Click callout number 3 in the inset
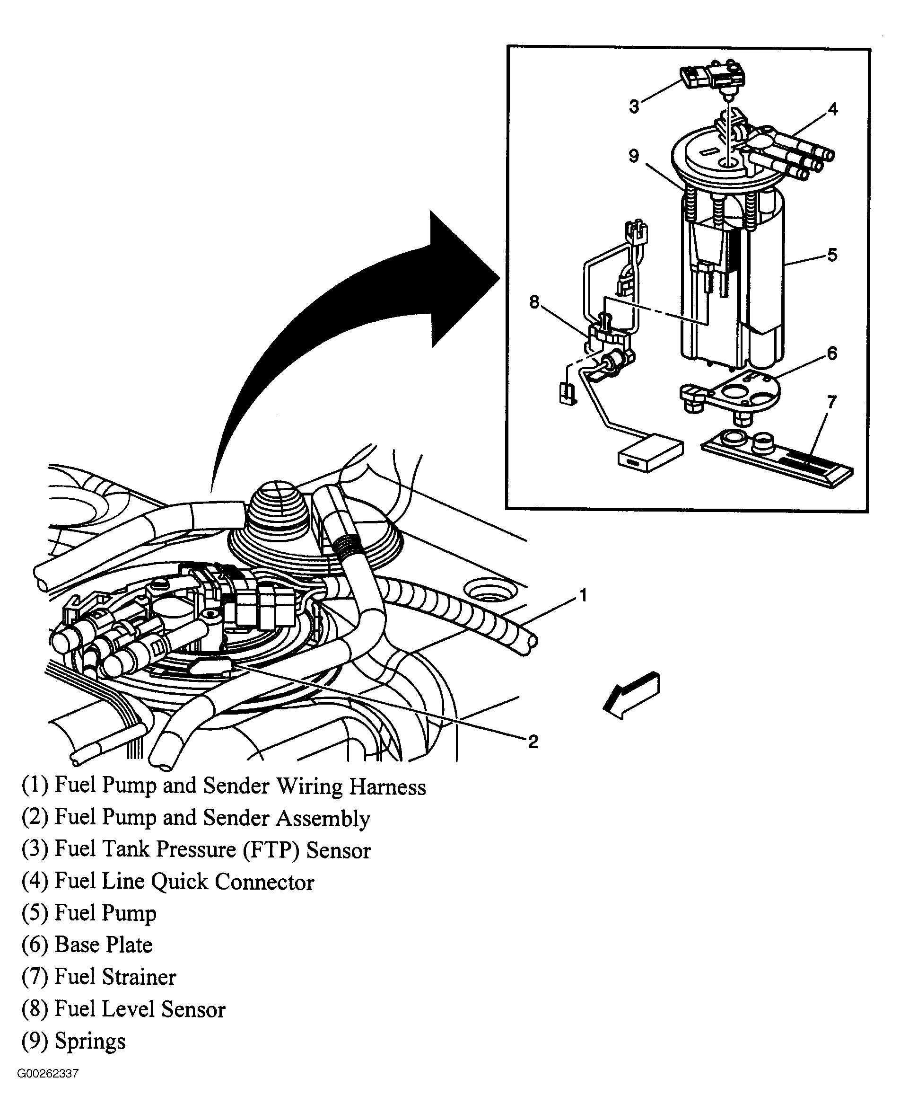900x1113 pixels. click(634, 107)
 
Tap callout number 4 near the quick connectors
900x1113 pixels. click(832, 109)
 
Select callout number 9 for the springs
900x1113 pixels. click(634, 156)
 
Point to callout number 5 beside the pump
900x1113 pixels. click(832, 255)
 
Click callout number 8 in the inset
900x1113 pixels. click(534, 302)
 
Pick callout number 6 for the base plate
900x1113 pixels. click(832, 353)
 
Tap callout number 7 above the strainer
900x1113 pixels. click(831, 402)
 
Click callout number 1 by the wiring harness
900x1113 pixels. click(583, 595)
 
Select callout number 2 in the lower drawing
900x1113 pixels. click(533, 742)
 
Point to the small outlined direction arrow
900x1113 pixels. click(632, 696)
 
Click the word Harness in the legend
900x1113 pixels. click(387, 787)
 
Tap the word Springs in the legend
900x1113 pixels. click(90, 1042)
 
